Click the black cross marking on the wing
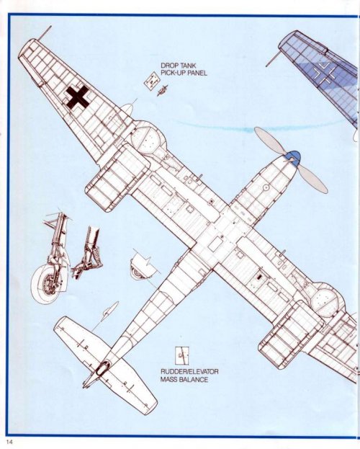pos(77,97)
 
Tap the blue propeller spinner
pos(292,158)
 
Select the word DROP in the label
pos(168,66)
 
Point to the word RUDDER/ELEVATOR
pos(189,372)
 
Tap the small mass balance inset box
pos(182,355)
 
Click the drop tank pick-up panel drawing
pos(151,80)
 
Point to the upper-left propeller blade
pos(269,141)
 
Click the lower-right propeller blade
pos(312,179)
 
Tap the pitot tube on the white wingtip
pos(45,32)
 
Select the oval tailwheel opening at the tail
pos(102,368)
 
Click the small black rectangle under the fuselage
pos(260,277)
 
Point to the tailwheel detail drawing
pos(143,266)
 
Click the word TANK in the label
pos(187,66)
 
